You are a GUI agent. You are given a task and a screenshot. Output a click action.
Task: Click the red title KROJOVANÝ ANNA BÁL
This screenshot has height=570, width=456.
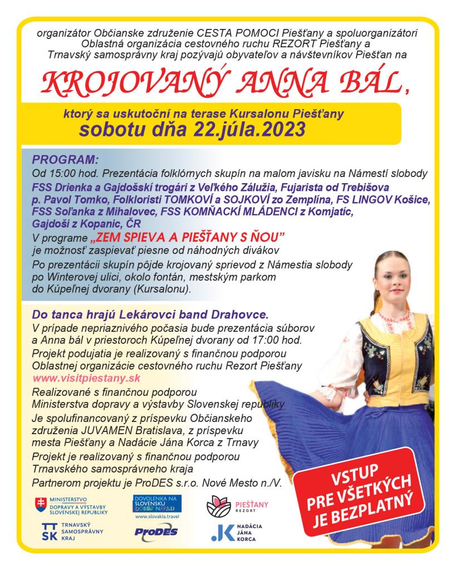223,82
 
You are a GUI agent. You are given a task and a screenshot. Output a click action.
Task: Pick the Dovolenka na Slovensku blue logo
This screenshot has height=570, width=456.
156,503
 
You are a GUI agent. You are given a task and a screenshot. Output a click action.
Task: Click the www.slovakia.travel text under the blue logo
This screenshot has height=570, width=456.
156,516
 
